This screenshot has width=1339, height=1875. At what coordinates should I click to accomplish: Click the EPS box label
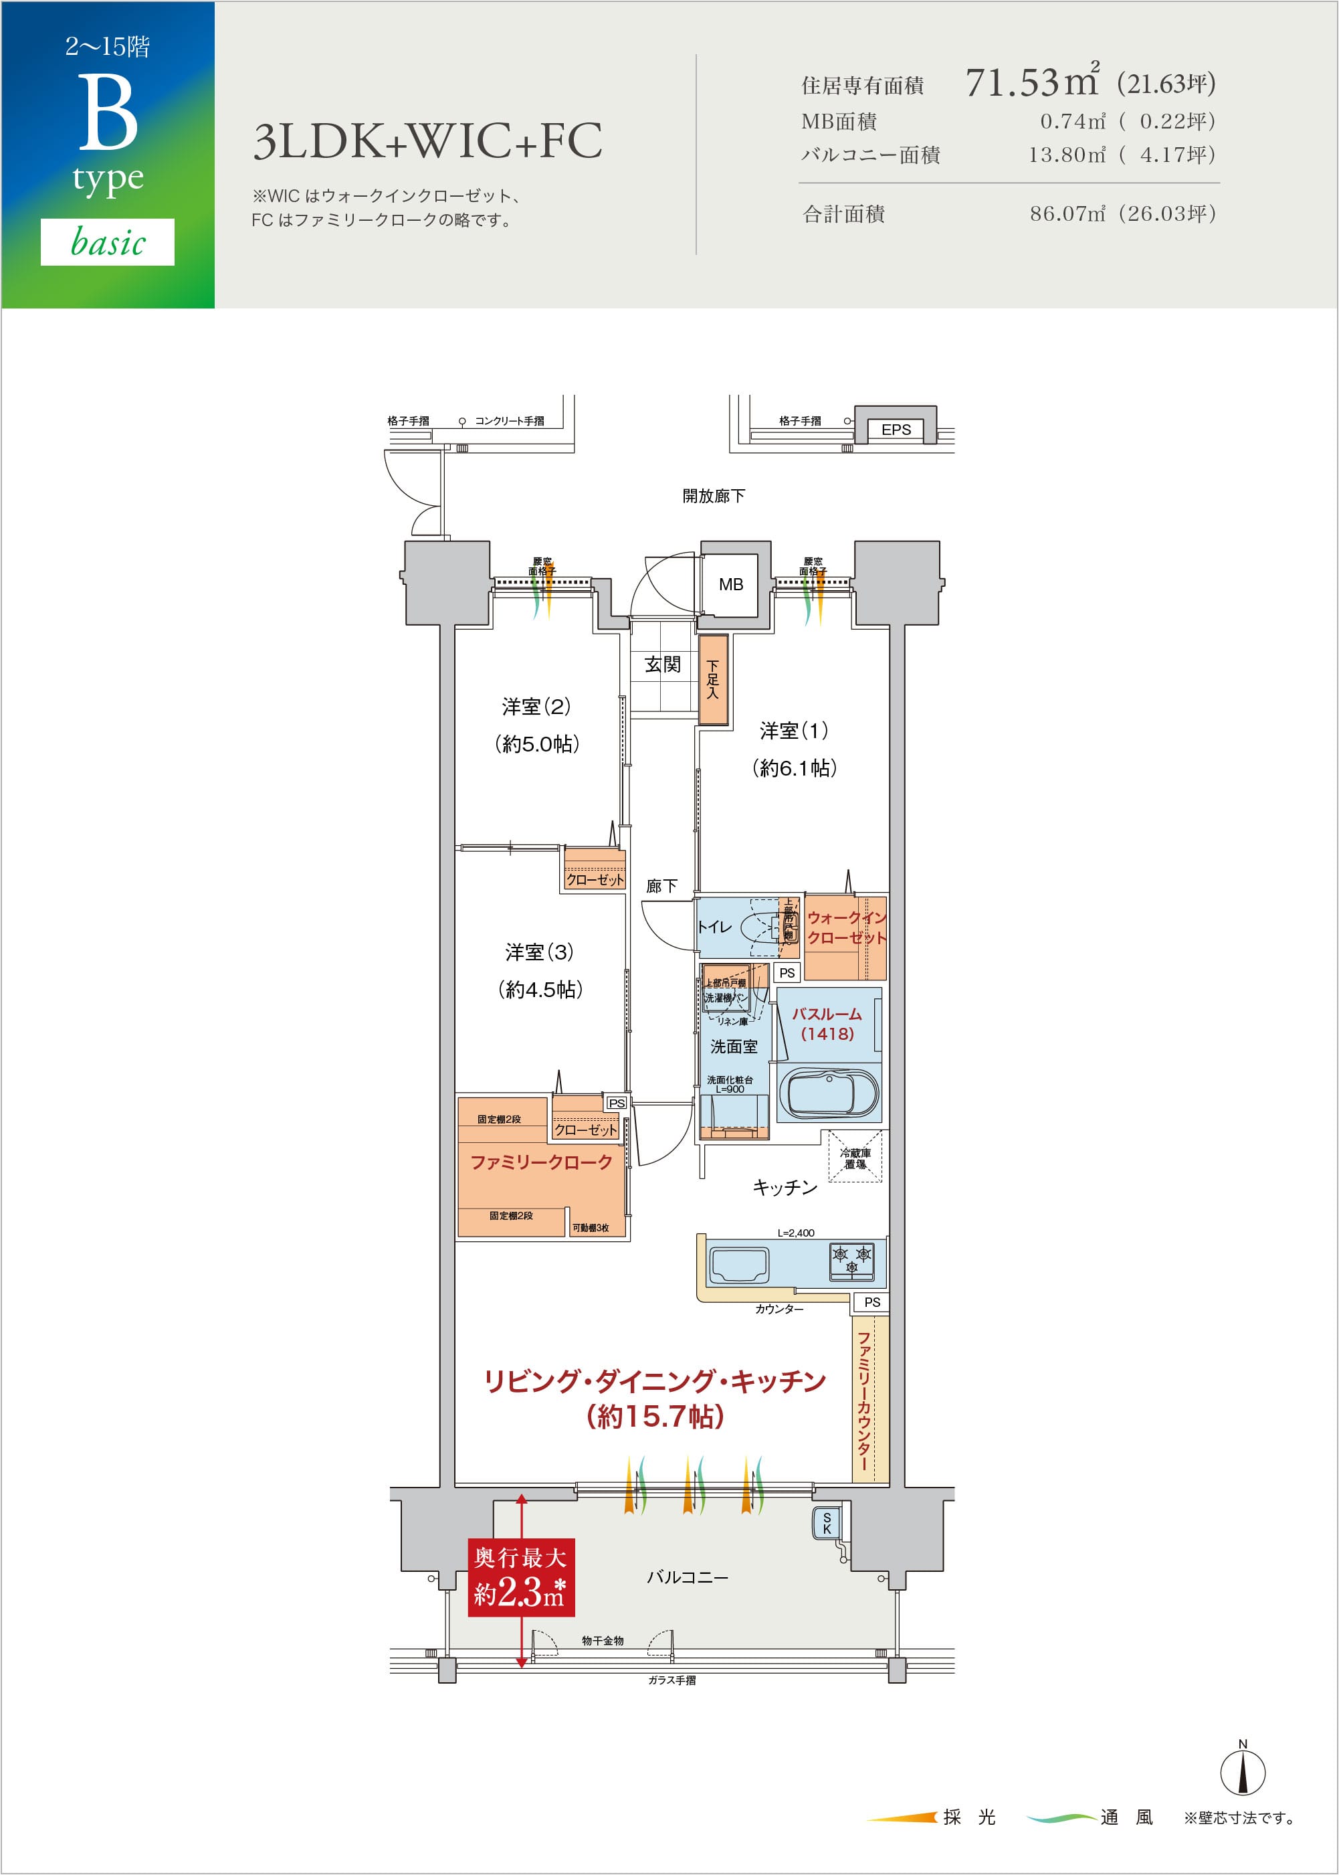click(x=896, y=430)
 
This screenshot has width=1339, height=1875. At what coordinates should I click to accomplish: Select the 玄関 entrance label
click(x=662, y=664)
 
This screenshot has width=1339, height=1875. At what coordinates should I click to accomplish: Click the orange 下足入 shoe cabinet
click(x=713, y=680)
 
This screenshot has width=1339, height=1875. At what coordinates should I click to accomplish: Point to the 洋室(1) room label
click(x=794, y=731)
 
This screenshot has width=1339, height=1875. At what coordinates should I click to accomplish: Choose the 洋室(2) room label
click(x=536, y=707)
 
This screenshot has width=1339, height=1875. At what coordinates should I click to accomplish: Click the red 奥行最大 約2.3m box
click(x=520, y=1577)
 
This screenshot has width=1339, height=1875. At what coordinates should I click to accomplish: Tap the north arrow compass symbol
click(x=1243, y=1771)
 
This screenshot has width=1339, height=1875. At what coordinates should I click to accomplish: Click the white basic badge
click(x=107, y=242)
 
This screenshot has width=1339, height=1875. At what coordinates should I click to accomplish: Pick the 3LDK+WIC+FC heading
click(x=427, y=141)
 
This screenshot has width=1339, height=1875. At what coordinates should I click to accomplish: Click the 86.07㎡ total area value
click(x=1066, y=213)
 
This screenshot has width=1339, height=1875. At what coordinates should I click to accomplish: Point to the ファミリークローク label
click(x=541, y=1162)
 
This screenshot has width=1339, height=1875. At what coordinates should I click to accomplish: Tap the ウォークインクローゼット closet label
click(x=846, y=928)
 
